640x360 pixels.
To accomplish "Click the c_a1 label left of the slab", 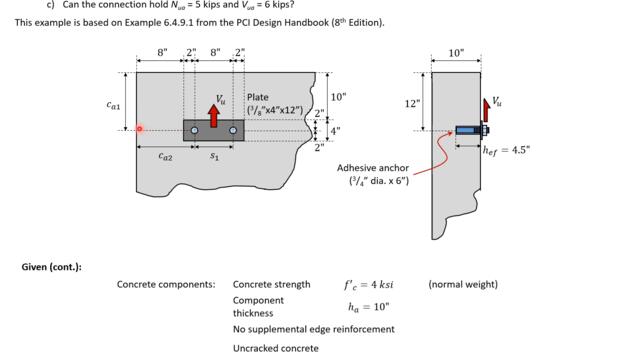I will (x=114, y=104).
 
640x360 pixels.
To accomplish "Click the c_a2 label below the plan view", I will (x=165, y=157).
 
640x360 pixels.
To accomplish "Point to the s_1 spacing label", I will (x=214, y=157).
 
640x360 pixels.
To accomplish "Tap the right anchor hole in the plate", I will (x=233, y=130).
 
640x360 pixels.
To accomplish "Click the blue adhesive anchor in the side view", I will (x=467, y=130).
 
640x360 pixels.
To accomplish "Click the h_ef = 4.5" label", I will (x=506, y=150).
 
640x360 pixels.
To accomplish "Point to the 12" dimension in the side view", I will (x=412, y=103).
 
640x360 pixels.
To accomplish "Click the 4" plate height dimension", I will (x=335, y=130).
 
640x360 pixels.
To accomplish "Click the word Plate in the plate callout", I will (x=257, y=98).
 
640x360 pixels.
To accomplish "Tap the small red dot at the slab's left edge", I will (x=139, y=128).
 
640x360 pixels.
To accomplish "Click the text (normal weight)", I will (x=462, y=284).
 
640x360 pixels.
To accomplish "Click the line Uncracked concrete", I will (x=276, y=348).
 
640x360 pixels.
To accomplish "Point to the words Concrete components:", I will (x=166, y=284).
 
